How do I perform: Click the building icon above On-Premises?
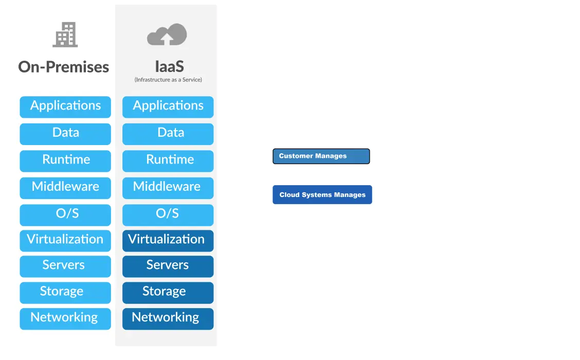pyautogui.click(x=65, y=34)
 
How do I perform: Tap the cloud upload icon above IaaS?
pyautogui.click(x=167, y=34)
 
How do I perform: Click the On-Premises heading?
pyautogui.click(x=64, y=67)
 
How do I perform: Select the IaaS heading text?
pyautogui.click(x=169, y=66)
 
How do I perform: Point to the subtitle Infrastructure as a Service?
pyautogui.click(x=168, y=80)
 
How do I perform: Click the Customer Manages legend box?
pyautogui.click(x=321, y=156)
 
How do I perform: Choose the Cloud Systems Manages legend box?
pyautogui.click(x=322, y=195)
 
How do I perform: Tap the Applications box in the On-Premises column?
pyautogui.click(x=65, y=106)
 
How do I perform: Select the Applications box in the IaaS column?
pyautogui.click(x=168, y=106)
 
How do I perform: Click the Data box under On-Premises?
pyautogui.click(x=65, y=134)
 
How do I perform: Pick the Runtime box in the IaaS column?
pyautogui.click(x=168, y=160)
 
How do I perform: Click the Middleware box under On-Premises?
pyautogui.click(x=65, y=188)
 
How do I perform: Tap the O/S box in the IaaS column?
pyautogui.click(x=168, y=214)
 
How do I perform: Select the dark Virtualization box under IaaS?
pyautogui.click(x=168, y=240)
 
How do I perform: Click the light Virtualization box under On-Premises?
pyautogui.click(x=65, y=240)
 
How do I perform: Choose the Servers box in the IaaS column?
pyautogui.click(x=168, y=266)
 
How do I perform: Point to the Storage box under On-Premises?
pyautogui.click(x=65, y=292)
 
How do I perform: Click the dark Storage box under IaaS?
pyautogui.click(x=168, y=292)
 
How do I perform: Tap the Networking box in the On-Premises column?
pyautogui.click(x=65, y=318)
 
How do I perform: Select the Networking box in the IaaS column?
pyautogui.click(x=168, y=318)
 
